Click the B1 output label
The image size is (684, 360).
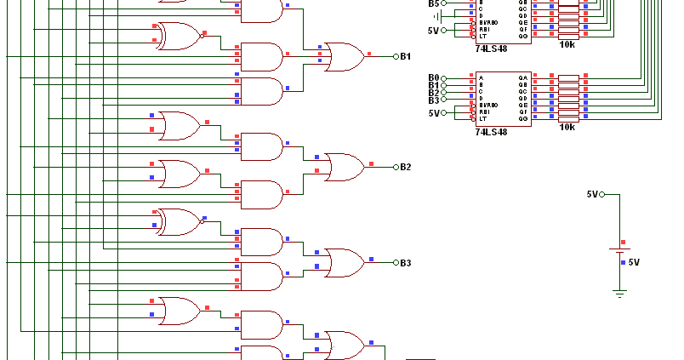[406, 56]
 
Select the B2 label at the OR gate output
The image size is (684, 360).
[406, 167]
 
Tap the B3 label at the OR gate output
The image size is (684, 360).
[406, 263]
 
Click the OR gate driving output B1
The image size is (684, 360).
[342, 56]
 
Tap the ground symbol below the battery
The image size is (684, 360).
[619, 294]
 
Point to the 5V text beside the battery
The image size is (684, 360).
[634, 262]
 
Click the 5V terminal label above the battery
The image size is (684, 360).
[592, 194]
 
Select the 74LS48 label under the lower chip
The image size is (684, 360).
[491, 132]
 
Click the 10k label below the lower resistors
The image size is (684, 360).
[567, 127]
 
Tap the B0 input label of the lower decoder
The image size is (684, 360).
[434, 78]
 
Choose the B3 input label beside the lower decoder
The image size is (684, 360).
[434, 100]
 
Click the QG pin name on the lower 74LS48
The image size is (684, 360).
[522, 118]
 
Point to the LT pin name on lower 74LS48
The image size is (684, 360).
[483, 118]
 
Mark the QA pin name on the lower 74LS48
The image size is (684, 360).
[522, 78]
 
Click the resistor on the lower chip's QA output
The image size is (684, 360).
[568, 78]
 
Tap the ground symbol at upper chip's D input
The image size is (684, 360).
[436, 16]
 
